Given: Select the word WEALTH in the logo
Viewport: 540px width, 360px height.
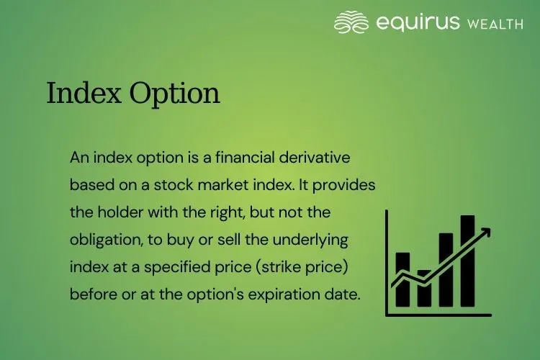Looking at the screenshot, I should click(x=496, y=24).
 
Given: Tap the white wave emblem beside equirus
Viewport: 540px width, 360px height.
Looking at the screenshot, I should click(x=351, y=22).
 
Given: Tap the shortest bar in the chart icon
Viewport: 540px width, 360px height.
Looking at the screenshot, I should click(x=424, y=288).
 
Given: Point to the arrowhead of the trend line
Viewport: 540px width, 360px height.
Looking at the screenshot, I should click(x=486, y=232).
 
